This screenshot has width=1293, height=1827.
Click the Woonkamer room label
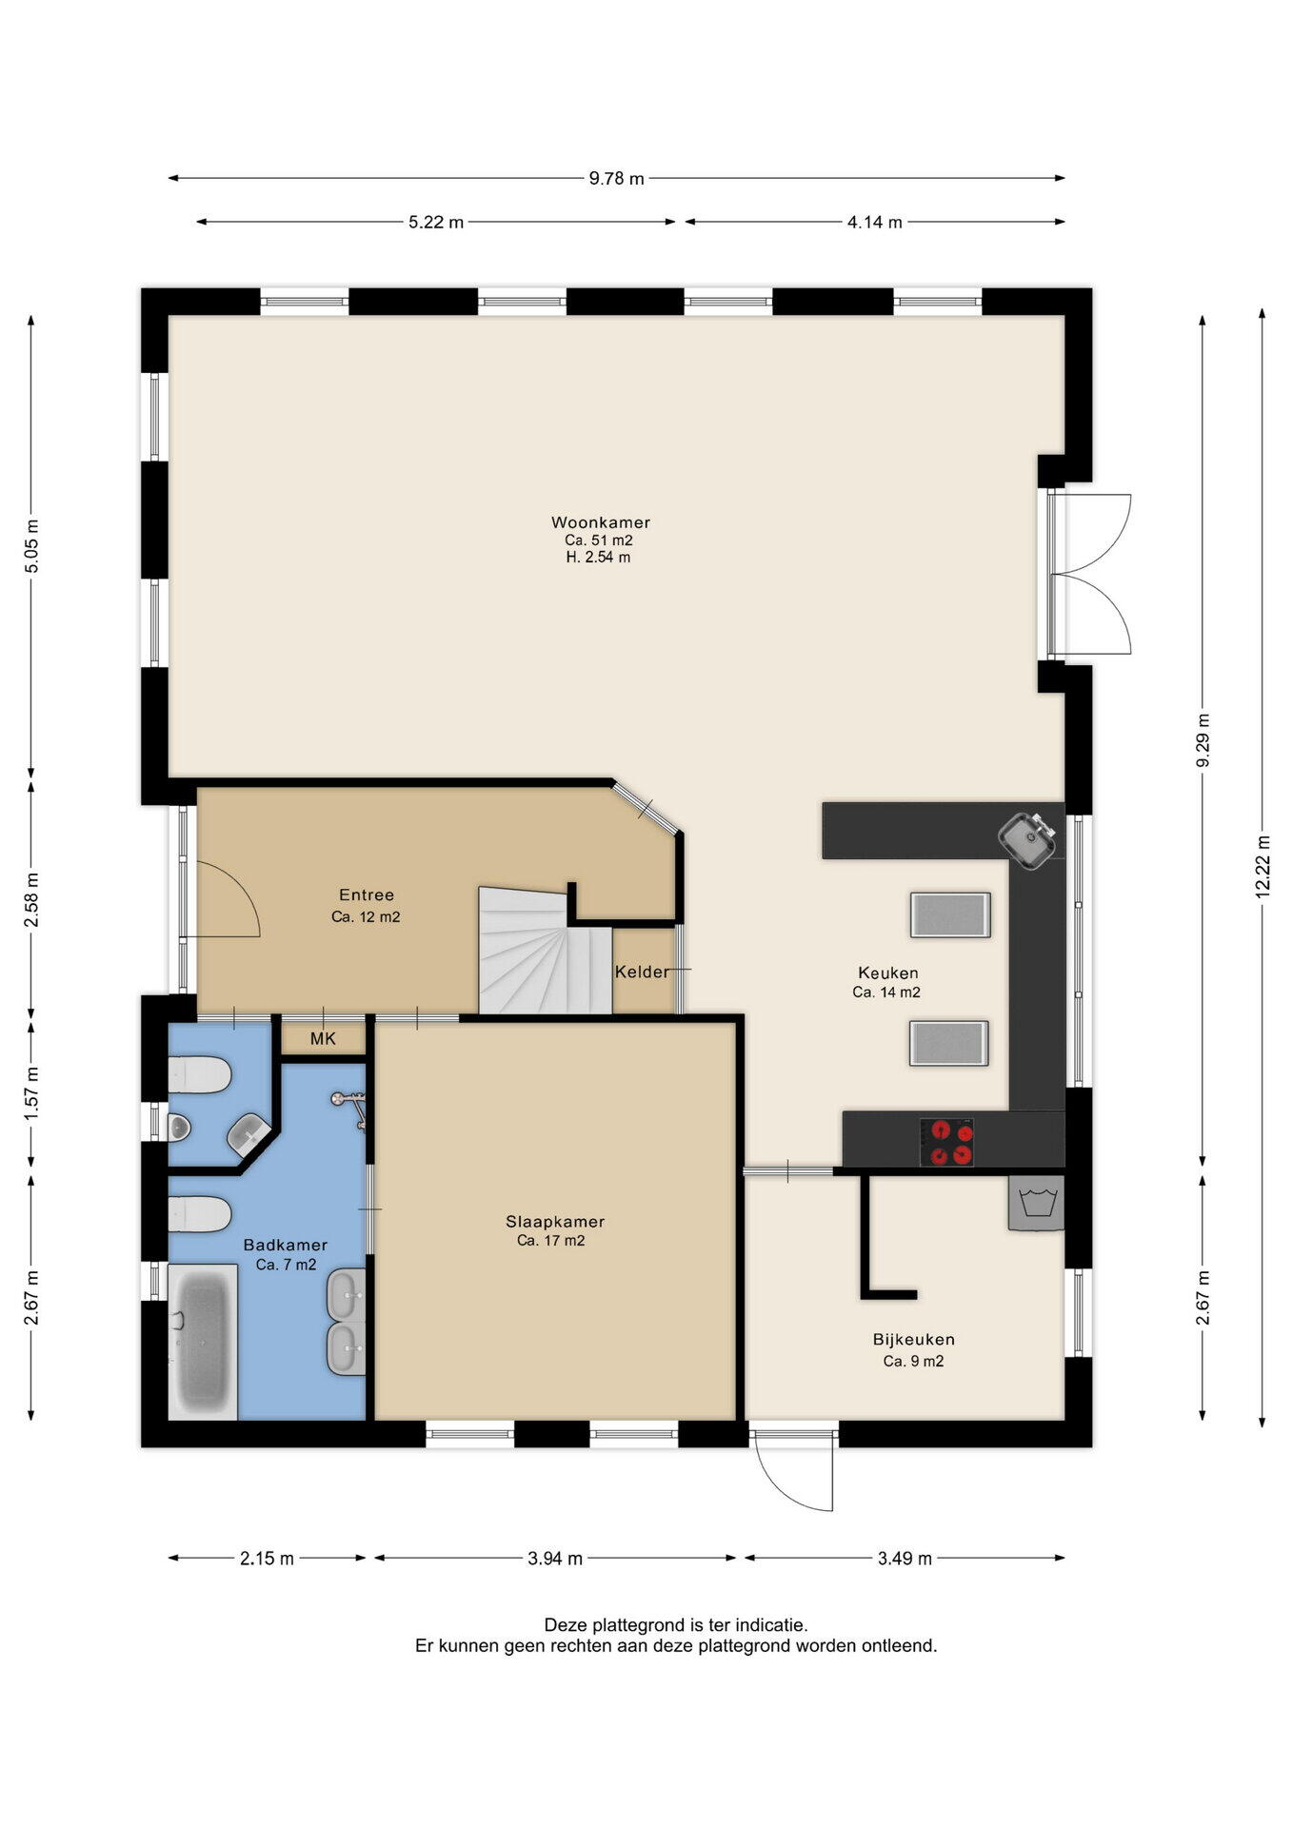[601, 522]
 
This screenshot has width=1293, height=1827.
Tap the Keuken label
[888, 972]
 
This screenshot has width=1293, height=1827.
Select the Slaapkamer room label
[555, 1222]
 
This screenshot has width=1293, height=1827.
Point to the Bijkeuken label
[914, 1340]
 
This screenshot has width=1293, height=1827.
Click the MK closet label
[324, 1039]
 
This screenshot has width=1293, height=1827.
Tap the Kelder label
[642, 972]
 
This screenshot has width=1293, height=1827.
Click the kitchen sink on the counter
[1027, 840]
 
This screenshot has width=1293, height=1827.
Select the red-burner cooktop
[947, 1142]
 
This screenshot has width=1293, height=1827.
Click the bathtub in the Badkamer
[203, 1342]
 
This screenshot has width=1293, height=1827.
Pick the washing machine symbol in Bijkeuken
[1037, 1204]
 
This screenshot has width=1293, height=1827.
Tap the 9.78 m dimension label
[617, 178]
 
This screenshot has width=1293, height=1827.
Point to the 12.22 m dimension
[1263, 867]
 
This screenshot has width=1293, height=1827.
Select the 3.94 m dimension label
[555, 1558]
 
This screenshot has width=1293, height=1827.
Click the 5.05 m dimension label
[31, 546]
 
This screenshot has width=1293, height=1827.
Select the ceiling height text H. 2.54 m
[599, 558]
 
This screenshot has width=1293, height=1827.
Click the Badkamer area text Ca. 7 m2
[287, 1265]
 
